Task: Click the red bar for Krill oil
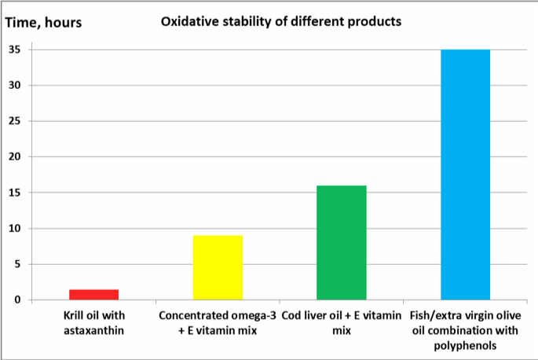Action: coord(93,295)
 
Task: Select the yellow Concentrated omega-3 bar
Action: coord(218,267)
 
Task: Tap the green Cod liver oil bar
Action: coord(342,243)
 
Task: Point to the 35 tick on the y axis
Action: coord(15,50)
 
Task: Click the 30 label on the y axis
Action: coord(15,85)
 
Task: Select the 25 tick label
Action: coord(15,121)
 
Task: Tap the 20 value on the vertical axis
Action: coord(15,156)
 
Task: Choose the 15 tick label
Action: coord(15,193)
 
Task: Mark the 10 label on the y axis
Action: coord(15,229)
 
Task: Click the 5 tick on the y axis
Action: coord(18,264)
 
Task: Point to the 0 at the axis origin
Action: coord(18,299)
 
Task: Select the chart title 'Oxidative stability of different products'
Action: coord(281,21)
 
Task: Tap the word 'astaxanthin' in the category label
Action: coord(93,330)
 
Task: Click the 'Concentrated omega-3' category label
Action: coord(218,316)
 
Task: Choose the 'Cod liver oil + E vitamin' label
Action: coord(342,316)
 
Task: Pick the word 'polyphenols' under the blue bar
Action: coord(465,344)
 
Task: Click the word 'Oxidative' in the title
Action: coord(189,21)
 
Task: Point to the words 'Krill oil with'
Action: coord(93,316)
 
